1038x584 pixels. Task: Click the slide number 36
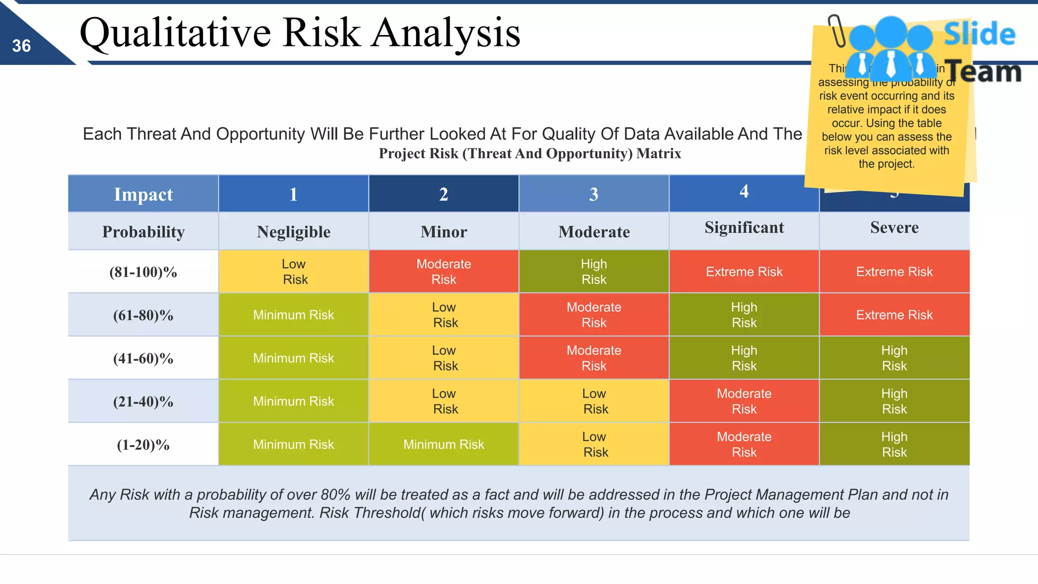[x=21, y=46]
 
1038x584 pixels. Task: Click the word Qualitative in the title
[x=175, y=33]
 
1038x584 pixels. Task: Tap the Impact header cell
[x=143, y=194]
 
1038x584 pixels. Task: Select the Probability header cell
[x=143, y=232]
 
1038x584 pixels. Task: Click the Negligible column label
[x=293, y=232]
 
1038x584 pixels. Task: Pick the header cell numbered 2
[x=443, y=194]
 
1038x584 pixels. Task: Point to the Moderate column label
[x=594, y=232]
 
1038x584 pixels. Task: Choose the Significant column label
[x=744, y=228]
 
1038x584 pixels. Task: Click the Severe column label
[x=894, y=228]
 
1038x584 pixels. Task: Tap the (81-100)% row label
[x=143, y=272]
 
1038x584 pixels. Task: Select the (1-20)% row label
[x=143, y=445]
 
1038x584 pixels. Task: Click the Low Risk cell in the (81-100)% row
[x=293, y=272]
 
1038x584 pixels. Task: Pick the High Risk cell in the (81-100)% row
[x=594, y=272]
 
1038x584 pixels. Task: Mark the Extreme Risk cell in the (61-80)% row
[x=894, y=315]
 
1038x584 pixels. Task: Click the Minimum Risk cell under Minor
[x=443, y=445]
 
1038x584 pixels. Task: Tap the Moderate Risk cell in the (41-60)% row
[x=594, y=358]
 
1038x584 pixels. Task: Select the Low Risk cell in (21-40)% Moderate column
[x=594, y=401]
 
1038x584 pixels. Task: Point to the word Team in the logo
[x=983, y=71]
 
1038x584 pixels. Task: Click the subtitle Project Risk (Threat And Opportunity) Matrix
[x=530, y=154]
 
